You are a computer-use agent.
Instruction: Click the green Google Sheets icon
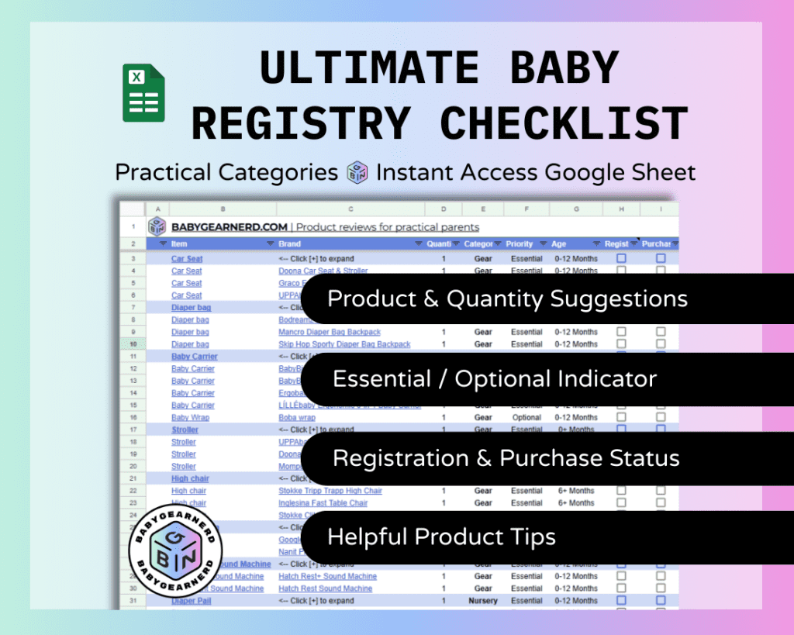pyautogui.click(x=144, y=93)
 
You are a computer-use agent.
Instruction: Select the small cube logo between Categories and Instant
pyautogui.click(x=357, y=172)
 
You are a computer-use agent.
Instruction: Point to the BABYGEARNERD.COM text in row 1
pyautogui.click(x=230, y=227)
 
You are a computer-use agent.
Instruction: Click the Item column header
pyautogui.click(x=179, y=243)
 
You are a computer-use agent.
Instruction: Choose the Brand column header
pyautogui.click(x=290, y=243)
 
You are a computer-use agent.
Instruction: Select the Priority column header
pyautogui.click(x=520, y=243)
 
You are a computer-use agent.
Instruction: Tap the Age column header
pyautogui.click(x=559, y=243)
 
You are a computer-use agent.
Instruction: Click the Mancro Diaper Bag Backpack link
pyautogui.click(x=330, y=332)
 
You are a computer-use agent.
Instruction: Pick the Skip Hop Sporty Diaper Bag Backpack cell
pyautogui.click(x=344, y=344)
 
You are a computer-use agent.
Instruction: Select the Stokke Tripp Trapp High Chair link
pyautogui.click(x=330, y=491)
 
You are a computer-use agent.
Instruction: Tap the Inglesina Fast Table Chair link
pyautogui.click(x=323, y=503)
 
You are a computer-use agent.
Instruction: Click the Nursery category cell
pyautogui.click(x=483, y=601)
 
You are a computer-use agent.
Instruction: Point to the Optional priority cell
pyautogui.click(x=526, y=417)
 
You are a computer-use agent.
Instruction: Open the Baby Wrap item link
pyautogui.click(x=190, y=417)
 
